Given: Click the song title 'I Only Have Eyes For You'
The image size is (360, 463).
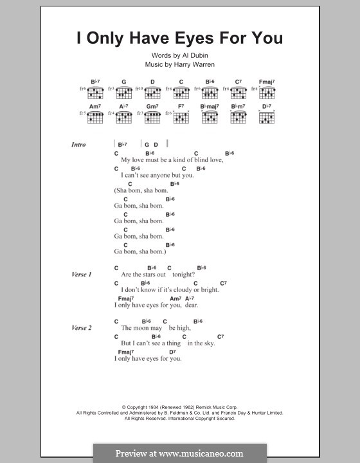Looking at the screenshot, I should click(x=180, y=38).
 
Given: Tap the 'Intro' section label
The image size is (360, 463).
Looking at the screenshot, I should click(x=78, y=145).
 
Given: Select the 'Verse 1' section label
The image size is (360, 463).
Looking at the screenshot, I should click(x=82, y=275).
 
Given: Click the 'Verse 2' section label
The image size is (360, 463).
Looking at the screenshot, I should click(x=82, y=328).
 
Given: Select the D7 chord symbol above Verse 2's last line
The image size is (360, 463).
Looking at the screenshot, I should click(x=172, y=352).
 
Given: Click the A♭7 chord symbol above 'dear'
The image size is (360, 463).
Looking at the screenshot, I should click(x=190, y=298).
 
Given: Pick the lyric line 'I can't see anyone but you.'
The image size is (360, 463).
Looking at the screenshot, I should click(x=157, y=175).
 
